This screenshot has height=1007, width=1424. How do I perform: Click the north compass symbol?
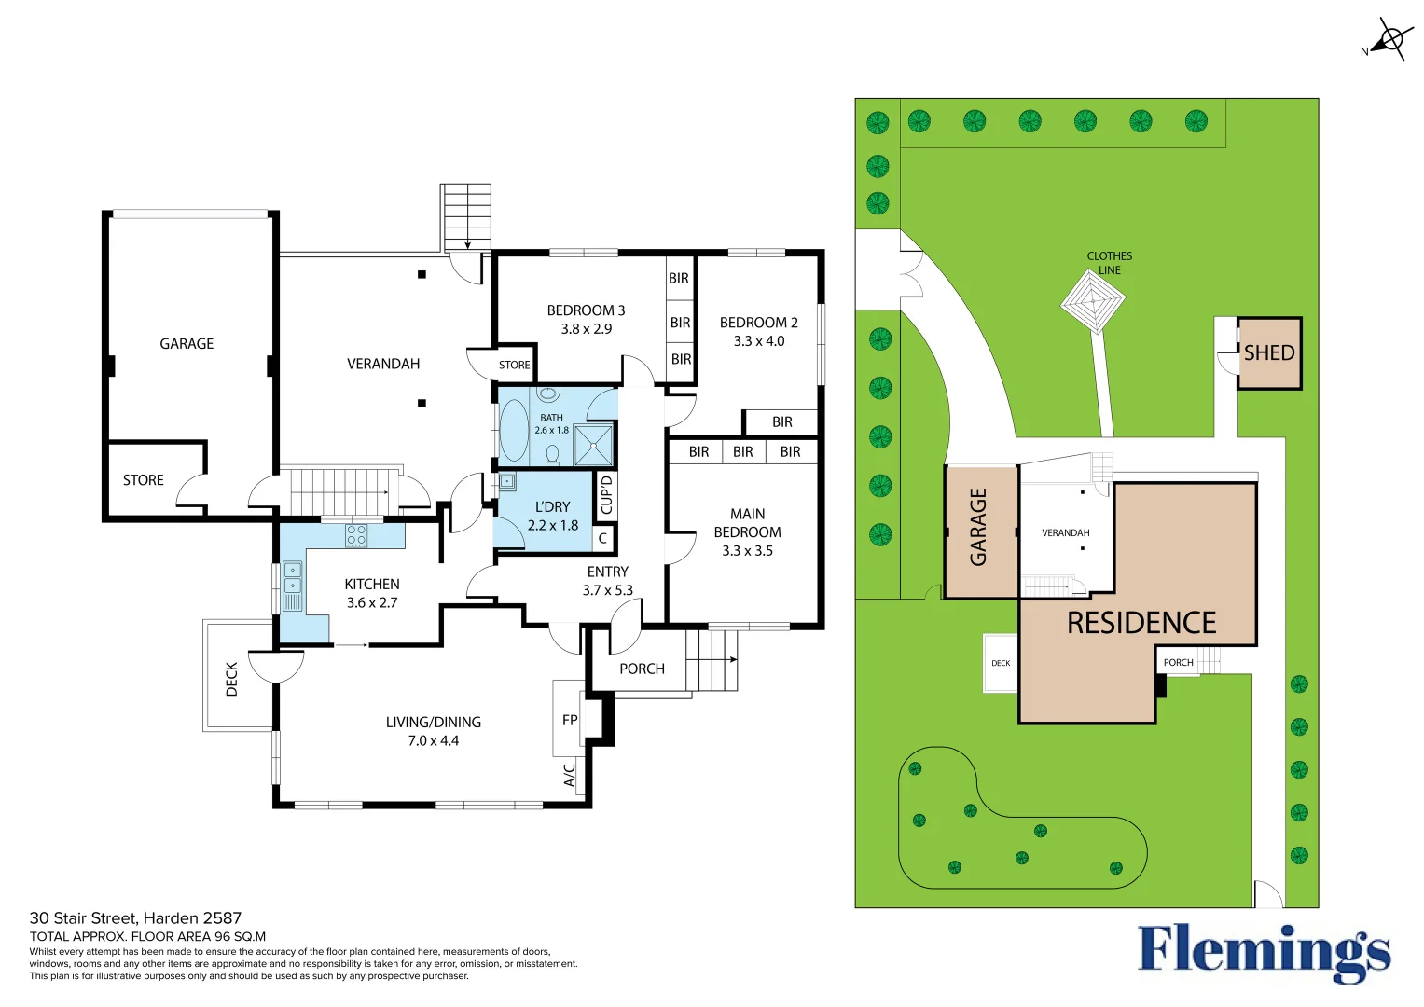[1390, 40]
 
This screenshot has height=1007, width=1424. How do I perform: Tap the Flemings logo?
[1264, 951]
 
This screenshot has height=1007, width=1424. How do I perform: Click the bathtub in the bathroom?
[514, 431]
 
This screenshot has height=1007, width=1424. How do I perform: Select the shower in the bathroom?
[593, 445]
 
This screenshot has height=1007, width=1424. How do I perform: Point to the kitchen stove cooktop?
[356, 535]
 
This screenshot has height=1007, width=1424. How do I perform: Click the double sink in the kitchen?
[293, 577]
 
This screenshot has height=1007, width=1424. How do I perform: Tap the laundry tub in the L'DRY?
[506, 482]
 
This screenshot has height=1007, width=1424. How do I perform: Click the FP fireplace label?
[570, 720]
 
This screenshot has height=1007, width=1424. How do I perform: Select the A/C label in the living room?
[570, 775]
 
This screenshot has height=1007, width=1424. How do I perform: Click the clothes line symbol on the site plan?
[1093, 300]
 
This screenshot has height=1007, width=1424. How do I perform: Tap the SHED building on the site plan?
[1268, 353]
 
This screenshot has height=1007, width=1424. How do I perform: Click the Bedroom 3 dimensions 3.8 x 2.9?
[586, 329]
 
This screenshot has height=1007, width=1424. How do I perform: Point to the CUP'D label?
[606, 495]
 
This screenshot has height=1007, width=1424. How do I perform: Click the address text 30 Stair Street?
[135, 918]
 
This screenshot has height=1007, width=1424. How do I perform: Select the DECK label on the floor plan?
[232, 679]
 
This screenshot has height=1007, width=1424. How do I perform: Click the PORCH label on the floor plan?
[642, 669]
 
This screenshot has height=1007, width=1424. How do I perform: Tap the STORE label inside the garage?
[144, 480]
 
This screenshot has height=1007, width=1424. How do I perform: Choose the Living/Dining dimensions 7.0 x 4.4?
[433, 741]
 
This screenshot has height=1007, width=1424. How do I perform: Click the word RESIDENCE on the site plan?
[1141, 623]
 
